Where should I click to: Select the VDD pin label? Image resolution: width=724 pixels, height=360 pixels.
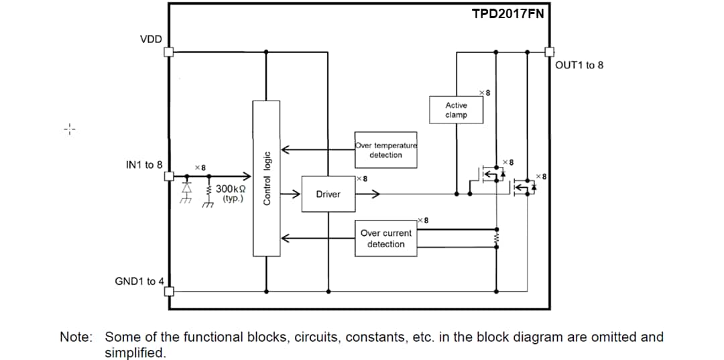tap(151, 39)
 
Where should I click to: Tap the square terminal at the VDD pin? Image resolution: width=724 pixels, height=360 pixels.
tap(169, 52)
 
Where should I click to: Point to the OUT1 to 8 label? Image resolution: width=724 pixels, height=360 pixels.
tap(579, 65)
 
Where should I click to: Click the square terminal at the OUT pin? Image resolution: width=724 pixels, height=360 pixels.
tap(548, 52)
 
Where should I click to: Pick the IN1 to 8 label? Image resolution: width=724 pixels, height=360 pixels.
tap(143, 164)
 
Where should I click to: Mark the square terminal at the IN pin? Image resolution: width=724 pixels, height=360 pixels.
tap(169, 177)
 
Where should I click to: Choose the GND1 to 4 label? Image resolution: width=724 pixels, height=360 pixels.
tap(139, 281)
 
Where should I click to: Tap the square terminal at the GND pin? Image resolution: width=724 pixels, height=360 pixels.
tap(169, 292)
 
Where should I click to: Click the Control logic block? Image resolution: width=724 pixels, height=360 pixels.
tap(266, 178)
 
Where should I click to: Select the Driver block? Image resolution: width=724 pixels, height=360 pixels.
tap(328, 194)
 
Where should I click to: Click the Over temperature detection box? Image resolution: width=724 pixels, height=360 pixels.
tap(385, 149)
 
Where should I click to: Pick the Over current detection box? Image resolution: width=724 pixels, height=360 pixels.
tap(385, 239)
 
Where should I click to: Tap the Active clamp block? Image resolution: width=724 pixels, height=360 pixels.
tap(456, 110)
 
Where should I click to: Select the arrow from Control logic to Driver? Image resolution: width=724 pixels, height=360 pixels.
tap(290, 194)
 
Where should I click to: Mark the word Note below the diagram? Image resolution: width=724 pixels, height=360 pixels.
tap(76, 337)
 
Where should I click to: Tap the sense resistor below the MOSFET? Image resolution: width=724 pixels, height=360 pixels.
tap(496, 239)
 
